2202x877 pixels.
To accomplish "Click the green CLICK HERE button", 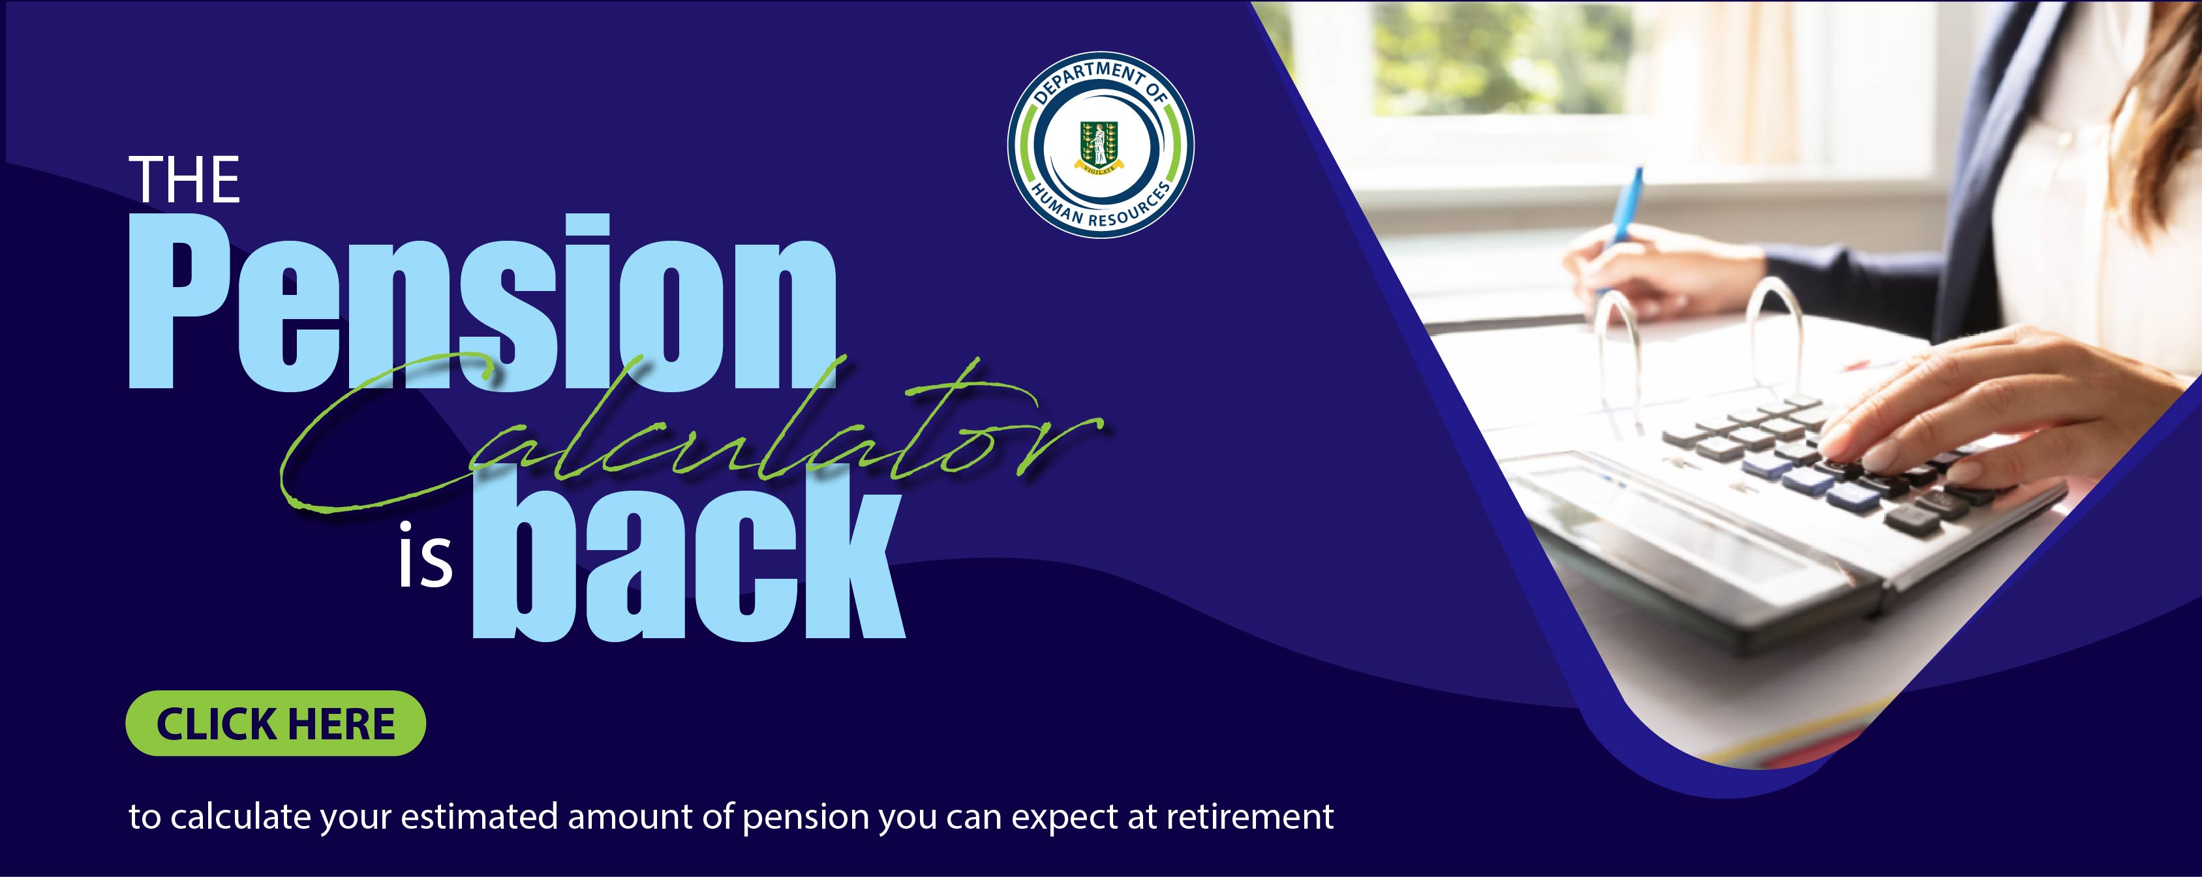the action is [x=275, y=723].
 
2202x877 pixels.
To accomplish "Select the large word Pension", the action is [x=482, y=303].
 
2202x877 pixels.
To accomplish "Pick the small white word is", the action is [x=425, y=557].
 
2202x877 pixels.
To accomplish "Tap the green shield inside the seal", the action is [x=1099, y=143].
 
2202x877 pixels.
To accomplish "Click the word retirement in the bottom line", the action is [x=1249, y=817].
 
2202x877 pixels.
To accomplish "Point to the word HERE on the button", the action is [x=341, y=724].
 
